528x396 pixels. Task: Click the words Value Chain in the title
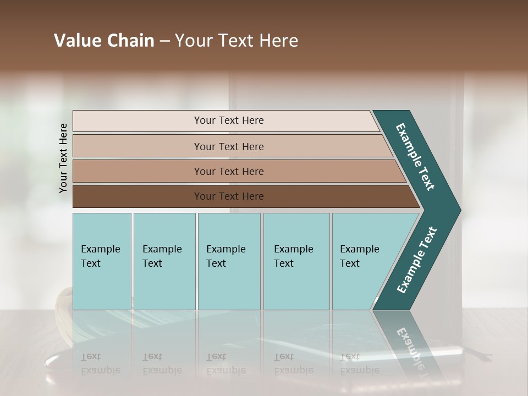pyautogui.click(x=104, y=41)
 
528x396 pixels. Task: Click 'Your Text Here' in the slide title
pyautogui.click(x=237, y=41)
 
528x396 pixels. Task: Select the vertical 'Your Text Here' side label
pyautogui.click(x=63, y=158)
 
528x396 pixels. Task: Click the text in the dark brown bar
pyautogui.click(x=229, y=196)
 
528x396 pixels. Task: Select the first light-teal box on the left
pyautogui.click(x=102, y=261)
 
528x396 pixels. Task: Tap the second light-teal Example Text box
pyautogui.click(x=164, y=261)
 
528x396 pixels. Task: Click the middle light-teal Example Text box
pyautogui.click(x=229, y=261)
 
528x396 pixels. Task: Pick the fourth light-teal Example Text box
pyautogui.click(x=296, y=261)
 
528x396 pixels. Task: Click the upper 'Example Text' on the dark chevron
pyautogui.click(x=415, y=157)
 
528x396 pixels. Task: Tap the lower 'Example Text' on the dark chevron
pyautogui.click(x=417, y=260)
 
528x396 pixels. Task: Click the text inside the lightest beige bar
pyautogui.click(x=229, y=120)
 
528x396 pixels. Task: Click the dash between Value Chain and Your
pyautogui.click(x=164, y=41)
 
